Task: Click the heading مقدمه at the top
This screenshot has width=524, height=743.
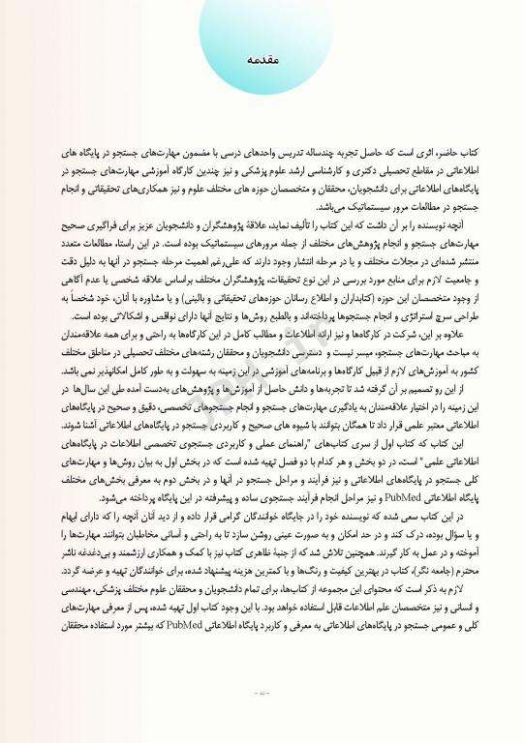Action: (262, 59)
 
